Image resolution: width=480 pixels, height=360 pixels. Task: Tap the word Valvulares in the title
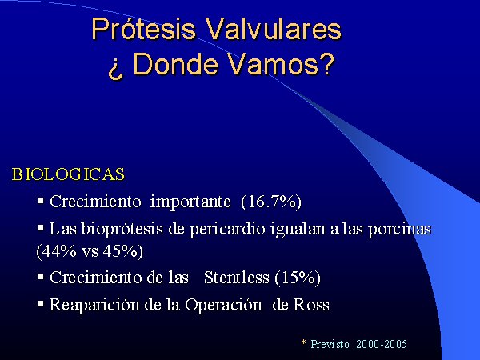274,29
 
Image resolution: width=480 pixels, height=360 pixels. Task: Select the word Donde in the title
176,65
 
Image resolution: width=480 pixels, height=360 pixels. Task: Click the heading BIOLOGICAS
68,174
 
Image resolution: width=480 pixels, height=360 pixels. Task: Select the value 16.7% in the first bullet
271,202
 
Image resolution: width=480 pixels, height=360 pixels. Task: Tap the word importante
190,202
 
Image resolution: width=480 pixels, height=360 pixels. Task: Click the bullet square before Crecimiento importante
41,201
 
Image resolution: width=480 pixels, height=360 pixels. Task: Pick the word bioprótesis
122,230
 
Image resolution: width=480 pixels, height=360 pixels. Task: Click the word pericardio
227,230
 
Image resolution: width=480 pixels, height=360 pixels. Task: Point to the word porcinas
399,230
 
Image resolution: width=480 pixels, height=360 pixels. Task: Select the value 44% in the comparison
59,252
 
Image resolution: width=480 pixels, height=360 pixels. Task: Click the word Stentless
237,278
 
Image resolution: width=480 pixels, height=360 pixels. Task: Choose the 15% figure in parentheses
298,278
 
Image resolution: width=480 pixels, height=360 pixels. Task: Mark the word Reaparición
94,306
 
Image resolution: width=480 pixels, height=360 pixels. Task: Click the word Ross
311,305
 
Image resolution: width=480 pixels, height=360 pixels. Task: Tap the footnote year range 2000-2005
382,344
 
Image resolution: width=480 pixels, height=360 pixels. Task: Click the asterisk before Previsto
304,342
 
